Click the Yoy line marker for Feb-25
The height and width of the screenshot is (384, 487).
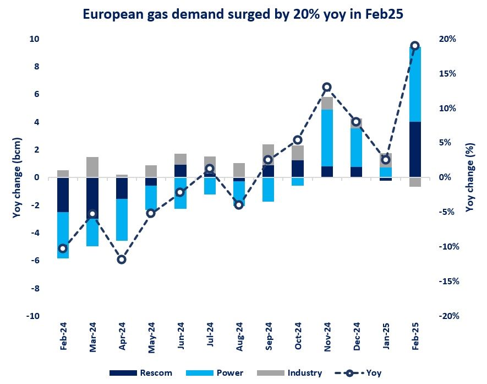click(415, 46)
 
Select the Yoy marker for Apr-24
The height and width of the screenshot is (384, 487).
click(122, 259)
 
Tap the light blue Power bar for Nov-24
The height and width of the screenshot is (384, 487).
click(327, 138)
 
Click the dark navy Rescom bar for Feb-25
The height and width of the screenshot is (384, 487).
click(415, 149)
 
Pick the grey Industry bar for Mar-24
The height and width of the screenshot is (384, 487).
click(92, 167)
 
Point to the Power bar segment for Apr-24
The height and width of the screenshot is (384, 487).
click(122, 220)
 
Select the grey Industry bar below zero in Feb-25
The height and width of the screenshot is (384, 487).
click(415, 182)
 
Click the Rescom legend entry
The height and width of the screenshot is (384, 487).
click(141, 373)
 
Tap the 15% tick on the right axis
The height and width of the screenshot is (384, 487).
click(447, 73)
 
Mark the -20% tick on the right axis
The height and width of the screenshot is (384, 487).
click(447, 316)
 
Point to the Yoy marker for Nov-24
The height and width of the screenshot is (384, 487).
click(327, 87)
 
